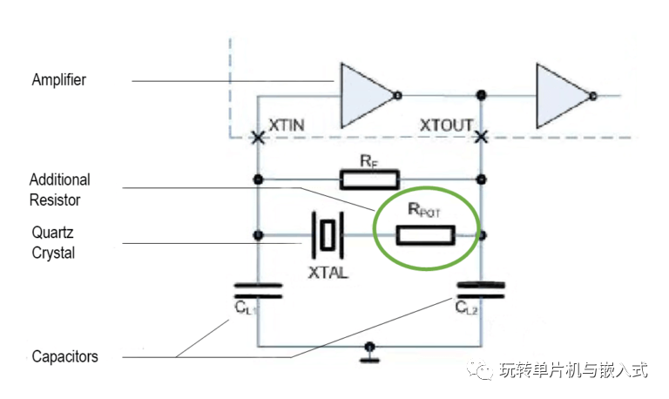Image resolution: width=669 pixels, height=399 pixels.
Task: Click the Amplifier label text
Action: [59, 80]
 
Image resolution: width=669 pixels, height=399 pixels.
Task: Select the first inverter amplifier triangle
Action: [366, 96]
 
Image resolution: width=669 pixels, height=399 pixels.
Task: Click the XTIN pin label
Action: [287, 125]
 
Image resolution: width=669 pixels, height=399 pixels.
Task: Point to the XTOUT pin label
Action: [446, 125]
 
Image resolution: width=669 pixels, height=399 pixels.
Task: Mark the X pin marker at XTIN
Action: [258, 138]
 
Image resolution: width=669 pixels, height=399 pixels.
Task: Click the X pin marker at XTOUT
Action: [481, 138]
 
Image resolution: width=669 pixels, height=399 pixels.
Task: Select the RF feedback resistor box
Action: [369, 179]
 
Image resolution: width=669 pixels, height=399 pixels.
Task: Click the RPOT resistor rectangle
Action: [425, 235]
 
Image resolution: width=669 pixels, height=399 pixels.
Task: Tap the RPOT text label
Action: [423, 210]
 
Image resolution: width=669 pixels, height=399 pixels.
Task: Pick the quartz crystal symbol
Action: [328, 235]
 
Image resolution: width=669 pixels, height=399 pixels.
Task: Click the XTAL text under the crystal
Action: [328, 273]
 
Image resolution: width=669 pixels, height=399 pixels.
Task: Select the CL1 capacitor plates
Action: [258, 291]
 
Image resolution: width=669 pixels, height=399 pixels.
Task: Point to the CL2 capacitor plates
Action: [481, 290]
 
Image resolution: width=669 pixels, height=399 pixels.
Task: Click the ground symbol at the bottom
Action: [369, 354]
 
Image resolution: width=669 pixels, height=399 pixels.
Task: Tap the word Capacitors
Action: [64, 357]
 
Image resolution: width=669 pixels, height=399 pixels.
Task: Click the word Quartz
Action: [52, 233]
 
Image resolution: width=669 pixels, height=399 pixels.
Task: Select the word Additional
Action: [60, 179]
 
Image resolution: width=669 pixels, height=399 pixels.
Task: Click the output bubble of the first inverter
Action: [397, 96]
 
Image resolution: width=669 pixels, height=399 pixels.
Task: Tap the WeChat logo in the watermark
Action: [480, 369]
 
